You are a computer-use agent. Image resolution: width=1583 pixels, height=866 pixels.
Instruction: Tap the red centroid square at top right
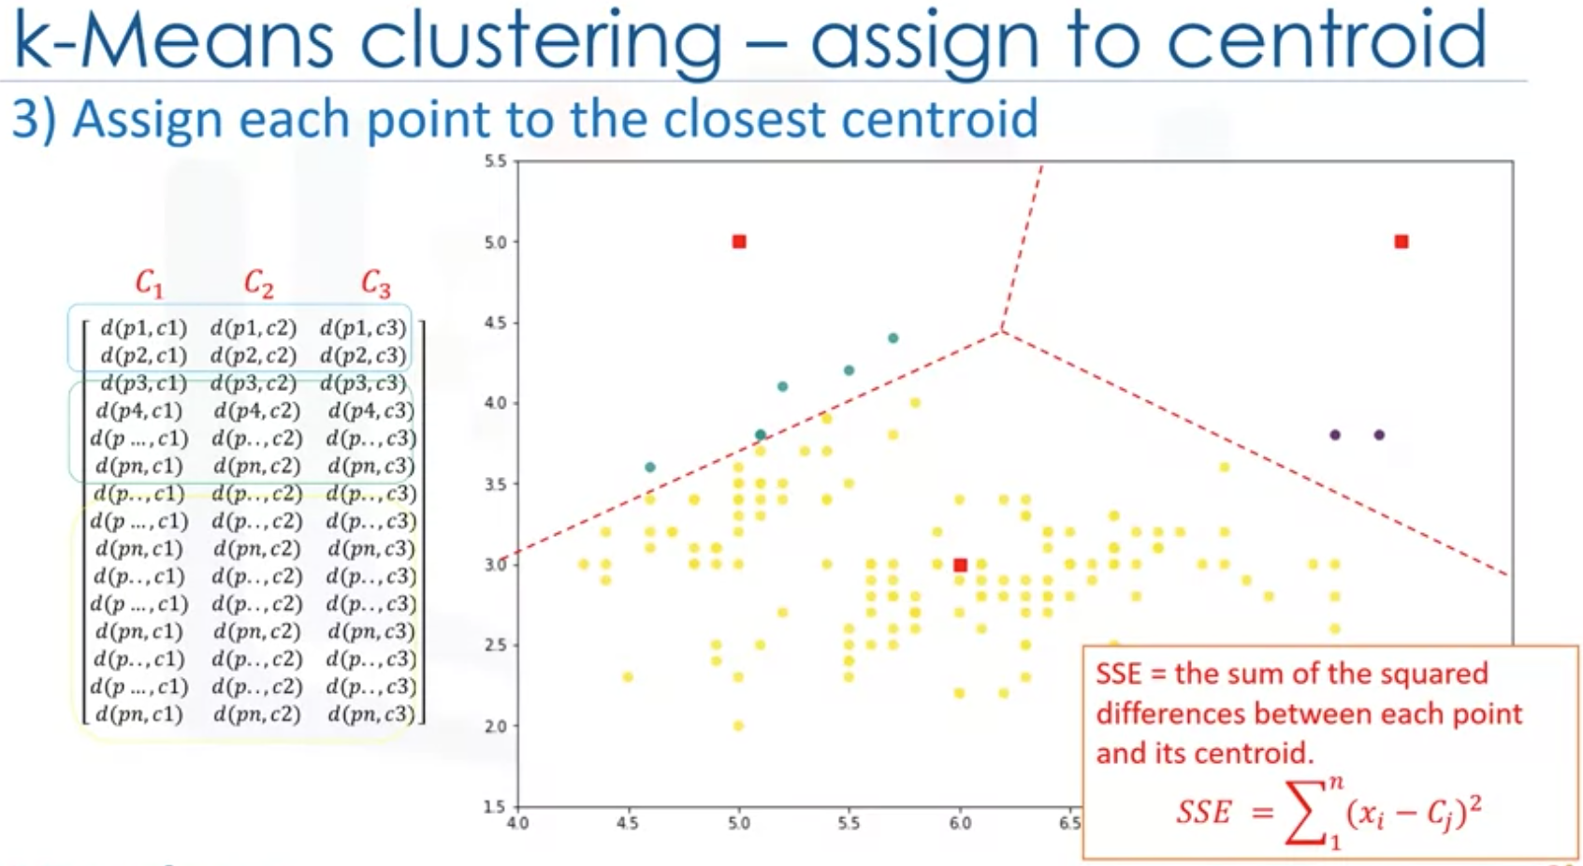(x=1401, y=241)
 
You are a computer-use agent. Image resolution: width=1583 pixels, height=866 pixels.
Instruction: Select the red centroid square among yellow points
(x=960, y=565)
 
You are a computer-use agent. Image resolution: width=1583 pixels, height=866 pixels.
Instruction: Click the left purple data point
(x=1335, y=435)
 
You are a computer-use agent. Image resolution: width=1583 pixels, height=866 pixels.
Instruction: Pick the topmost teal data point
(x=893, y=338)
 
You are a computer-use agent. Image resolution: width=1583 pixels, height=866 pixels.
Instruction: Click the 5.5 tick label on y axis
(x=496, y=161)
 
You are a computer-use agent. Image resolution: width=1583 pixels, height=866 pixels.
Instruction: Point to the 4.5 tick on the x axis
(x=627, y=824)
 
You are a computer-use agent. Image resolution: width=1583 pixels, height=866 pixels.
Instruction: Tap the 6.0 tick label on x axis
(x=960, y=824)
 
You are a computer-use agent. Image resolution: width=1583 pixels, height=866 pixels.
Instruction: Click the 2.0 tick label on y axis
(x=496, y=727)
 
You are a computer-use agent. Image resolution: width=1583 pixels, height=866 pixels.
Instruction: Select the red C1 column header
(x=149, y=282)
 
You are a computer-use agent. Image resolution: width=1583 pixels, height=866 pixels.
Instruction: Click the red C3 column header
(x=375, y=282)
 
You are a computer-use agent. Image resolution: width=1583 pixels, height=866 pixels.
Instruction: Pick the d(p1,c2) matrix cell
(x=253, y=328)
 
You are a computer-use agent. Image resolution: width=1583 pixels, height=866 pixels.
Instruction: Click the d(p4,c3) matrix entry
(x=370, y=411)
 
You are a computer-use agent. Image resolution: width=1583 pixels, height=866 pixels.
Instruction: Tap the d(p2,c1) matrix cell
(x=143, y=355)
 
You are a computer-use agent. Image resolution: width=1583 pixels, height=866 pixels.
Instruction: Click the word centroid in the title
(x=1326, y=39)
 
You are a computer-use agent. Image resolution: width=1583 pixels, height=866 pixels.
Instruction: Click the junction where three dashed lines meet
(x=1001, y=329)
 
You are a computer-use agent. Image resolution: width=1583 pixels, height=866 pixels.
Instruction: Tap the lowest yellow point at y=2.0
(x=738, y=726)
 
